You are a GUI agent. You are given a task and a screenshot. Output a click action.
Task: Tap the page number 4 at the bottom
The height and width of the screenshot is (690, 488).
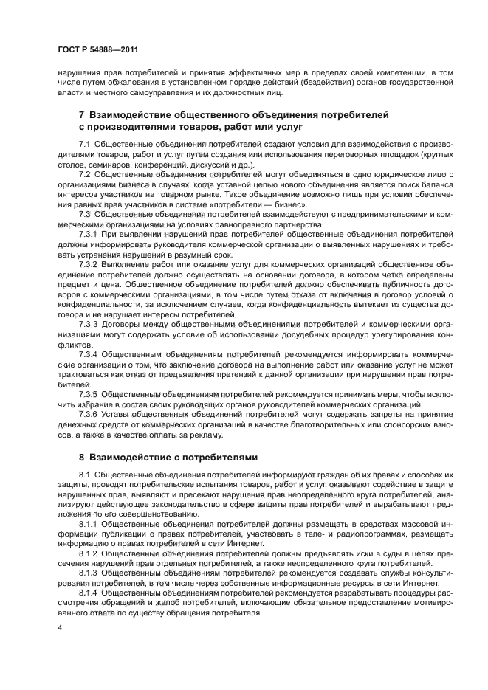click(x=60, y=627)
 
